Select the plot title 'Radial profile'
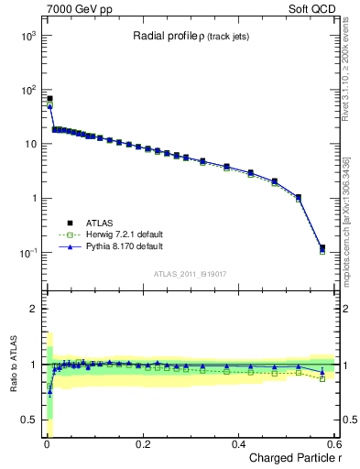coord(165,36)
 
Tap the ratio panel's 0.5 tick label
coord(28,420)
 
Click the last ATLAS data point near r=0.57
coord(322,247)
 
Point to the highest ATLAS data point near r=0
coord(49,98)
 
